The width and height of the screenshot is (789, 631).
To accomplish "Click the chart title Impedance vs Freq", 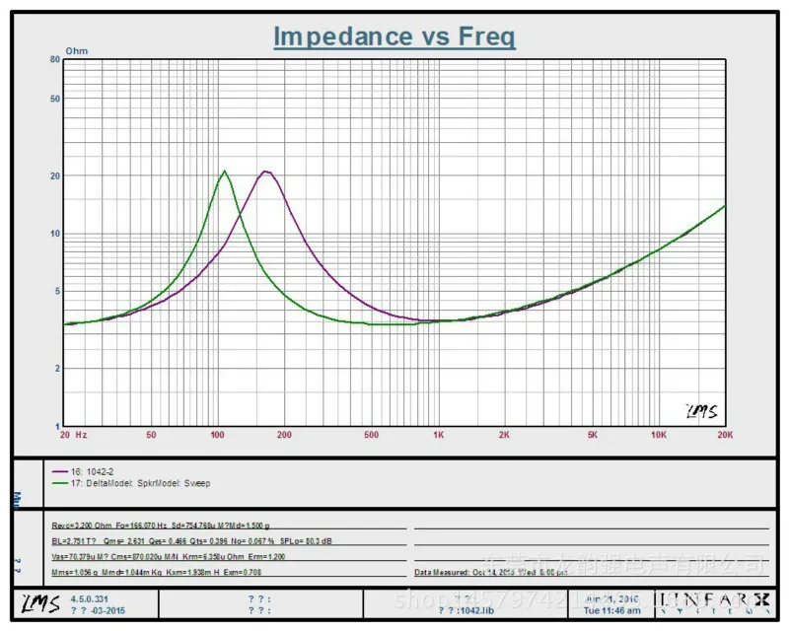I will coord(394,36).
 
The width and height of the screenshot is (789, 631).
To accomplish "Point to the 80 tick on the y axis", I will coord(55,59).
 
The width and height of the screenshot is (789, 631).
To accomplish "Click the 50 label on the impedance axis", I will coord(55,99).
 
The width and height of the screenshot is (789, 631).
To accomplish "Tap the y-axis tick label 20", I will coord(55,175).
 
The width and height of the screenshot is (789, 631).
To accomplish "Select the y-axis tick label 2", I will coord(58,369).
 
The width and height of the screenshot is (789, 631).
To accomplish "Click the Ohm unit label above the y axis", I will coord(76,49).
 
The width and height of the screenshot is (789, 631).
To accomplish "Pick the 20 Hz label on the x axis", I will coord(73,435).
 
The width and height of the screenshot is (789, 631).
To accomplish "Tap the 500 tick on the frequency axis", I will coord(371,435).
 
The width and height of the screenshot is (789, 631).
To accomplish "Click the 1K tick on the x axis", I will coord(439,435).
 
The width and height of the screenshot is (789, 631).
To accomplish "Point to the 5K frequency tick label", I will coord(593,435).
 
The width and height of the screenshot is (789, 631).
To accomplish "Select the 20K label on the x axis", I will coord(725,435).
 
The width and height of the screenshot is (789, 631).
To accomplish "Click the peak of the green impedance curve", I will coord(224,171).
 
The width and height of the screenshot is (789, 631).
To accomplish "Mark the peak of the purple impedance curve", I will coord(264,172).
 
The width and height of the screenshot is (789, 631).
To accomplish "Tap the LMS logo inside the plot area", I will coord(700,410).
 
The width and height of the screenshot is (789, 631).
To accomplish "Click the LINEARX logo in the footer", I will coord(715,598).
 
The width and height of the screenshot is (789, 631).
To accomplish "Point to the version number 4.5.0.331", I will coord(89,597).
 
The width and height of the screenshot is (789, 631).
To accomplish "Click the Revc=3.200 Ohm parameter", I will coord(80,526).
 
